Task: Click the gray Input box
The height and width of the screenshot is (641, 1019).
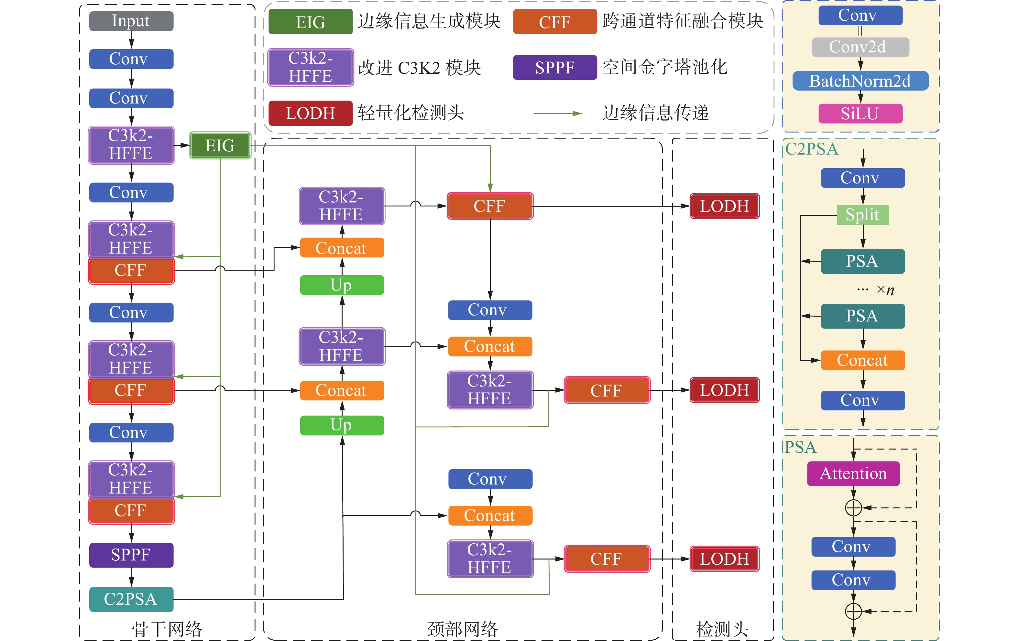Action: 131,21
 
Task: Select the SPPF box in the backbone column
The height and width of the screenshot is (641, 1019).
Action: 131,555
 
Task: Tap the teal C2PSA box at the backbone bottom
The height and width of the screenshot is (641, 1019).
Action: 131,599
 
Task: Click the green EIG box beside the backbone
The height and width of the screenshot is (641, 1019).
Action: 220,146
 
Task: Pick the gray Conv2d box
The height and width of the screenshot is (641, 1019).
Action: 860,47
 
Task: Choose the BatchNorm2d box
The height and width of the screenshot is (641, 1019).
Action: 860,81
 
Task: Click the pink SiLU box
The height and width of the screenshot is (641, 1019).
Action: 860,114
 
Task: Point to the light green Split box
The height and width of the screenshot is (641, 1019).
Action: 862,215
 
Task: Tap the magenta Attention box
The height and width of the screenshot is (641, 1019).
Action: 853,473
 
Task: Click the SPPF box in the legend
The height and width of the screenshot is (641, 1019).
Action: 555,67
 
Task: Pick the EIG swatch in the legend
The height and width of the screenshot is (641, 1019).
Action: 310,22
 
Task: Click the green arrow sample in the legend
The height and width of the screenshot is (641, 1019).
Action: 557,114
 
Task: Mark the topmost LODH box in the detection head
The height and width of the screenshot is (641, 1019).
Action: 725,206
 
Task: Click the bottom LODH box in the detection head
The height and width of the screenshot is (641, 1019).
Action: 725,559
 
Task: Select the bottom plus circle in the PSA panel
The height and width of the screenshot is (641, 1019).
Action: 853,611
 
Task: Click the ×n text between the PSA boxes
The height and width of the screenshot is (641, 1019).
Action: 885,290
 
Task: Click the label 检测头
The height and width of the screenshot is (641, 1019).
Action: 722,629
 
